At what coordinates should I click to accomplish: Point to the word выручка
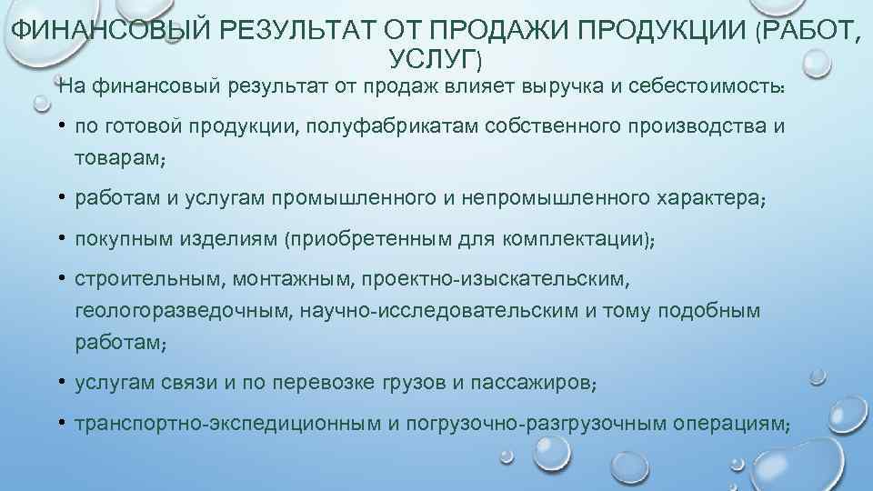click(x=565, y=86)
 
